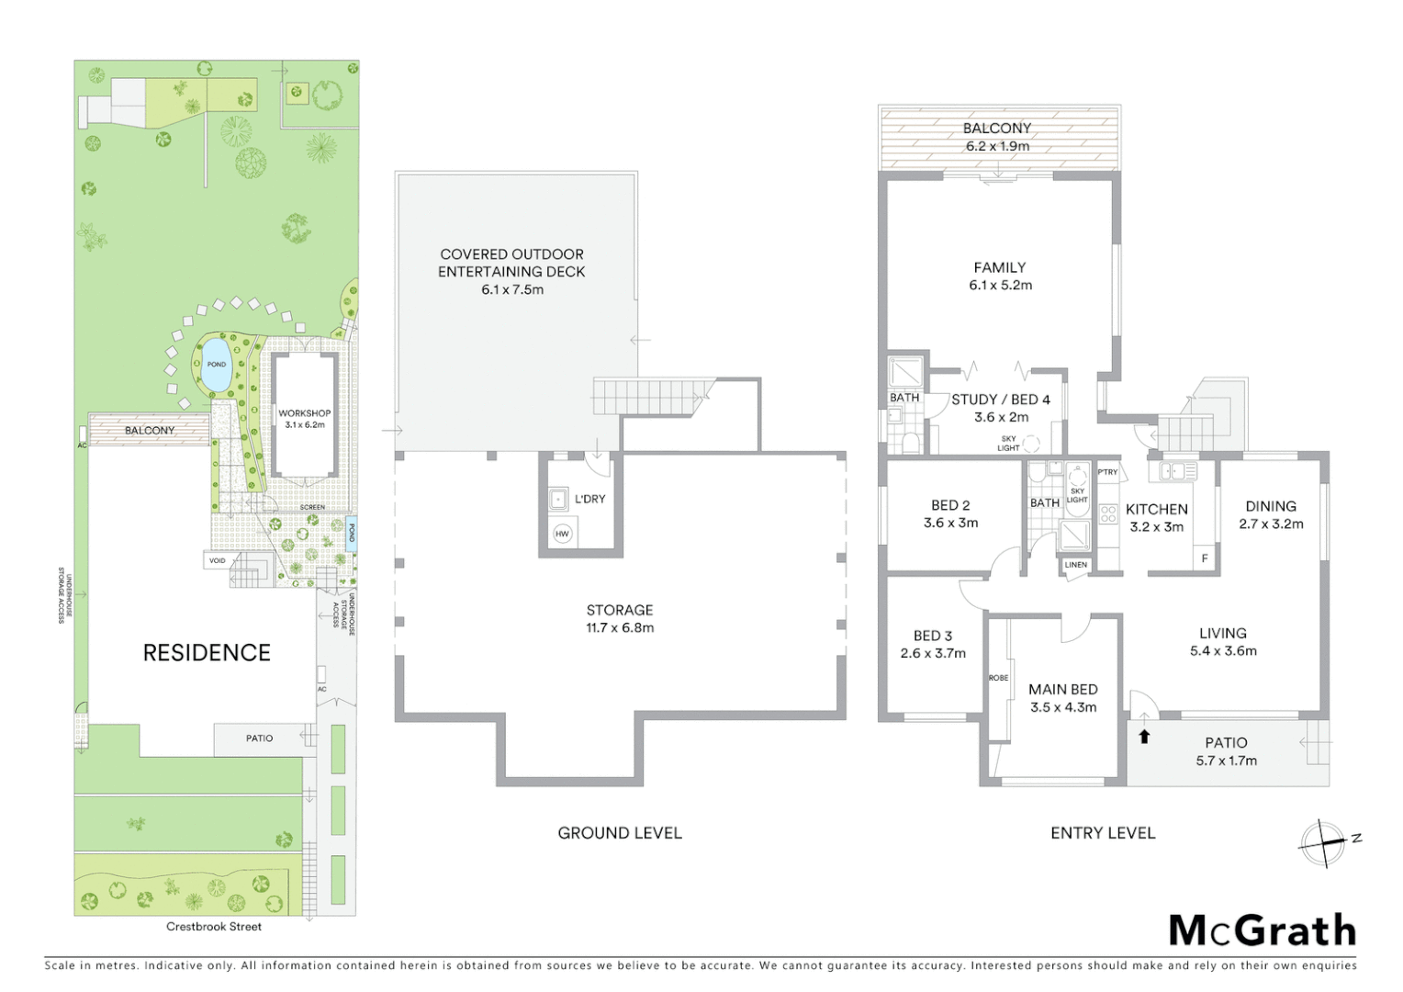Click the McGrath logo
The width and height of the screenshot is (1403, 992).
pos(1263,930)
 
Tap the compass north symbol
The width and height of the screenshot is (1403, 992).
pos(1323,842)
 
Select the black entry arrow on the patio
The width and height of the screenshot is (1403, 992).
pos(1144,736)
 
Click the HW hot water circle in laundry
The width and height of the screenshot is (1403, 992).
pos(562,534)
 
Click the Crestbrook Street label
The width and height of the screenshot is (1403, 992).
pos(214,927)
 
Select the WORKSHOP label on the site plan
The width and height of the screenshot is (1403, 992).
pos(304,413)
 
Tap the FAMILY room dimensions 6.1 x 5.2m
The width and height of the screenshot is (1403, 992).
pos(1000,286)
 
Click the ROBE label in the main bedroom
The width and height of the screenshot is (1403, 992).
pos(998,678)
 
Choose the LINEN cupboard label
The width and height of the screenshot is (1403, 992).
pos(1076,565)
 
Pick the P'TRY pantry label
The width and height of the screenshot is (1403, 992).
pos(1108,472)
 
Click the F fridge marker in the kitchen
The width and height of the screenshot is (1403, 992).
pos(1205,558)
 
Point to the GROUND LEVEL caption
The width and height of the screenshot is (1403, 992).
pos(620,833)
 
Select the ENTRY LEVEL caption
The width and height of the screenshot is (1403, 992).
pos(1103,833)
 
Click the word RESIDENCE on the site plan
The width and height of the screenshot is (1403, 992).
pos(207,653)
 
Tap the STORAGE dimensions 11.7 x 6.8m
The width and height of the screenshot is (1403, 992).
pos(620,628)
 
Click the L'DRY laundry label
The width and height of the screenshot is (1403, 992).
pos(589,499)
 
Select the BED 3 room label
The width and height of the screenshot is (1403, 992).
pos(932,636)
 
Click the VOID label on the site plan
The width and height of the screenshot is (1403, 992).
pos(218,560)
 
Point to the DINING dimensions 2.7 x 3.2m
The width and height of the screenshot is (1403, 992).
pos(1271,524)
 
